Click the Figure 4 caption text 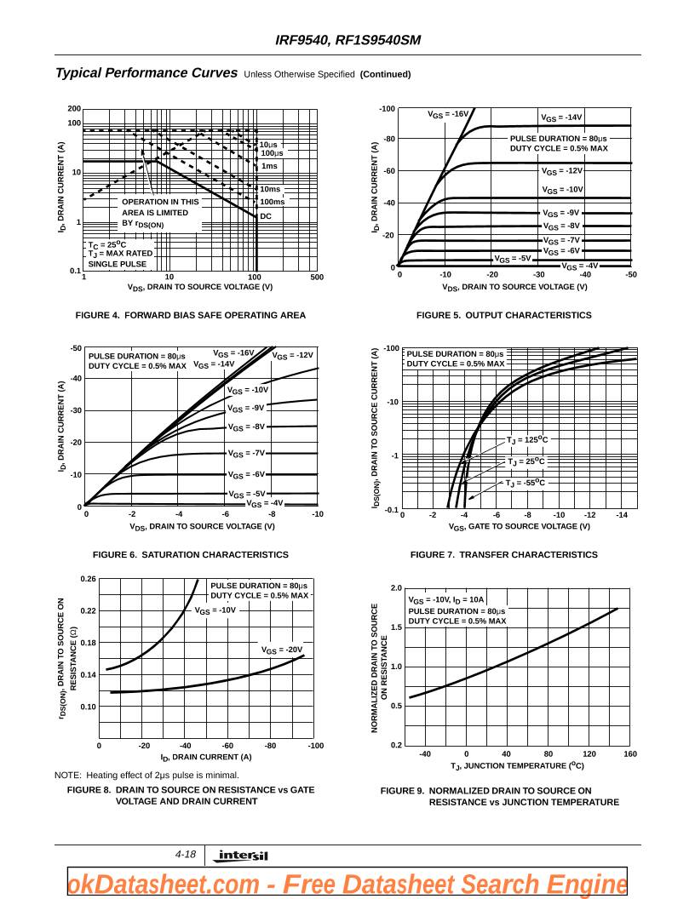pos(191,315)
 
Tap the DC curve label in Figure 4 pos(266,216)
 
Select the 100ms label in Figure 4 pos(273,202)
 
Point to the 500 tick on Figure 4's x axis pos(317,278)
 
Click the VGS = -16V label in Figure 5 pos(448,114)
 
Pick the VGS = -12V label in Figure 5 pos(562,171)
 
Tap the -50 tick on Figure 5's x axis pos(630,274)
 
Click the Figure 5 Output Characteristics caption pos(503,315)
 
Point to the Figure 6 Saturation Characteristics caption pos(191,554)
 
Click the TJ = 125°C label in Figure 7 pos(527,440)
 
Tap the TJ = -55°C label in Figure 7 pos(526,483)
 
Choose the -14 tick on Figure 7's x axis pos(622,515)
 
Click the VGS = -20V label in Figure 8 pos(282,650)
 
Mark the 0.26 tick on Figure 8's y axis pos(89,580)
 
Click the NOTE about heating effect pos(146,775)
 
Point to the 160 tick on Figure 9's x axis pos(629,753)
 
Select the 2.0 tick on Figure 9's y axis pos(396,588)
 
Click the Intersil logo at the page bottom pos(243,856)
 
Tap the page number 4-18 pos(186,854)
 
